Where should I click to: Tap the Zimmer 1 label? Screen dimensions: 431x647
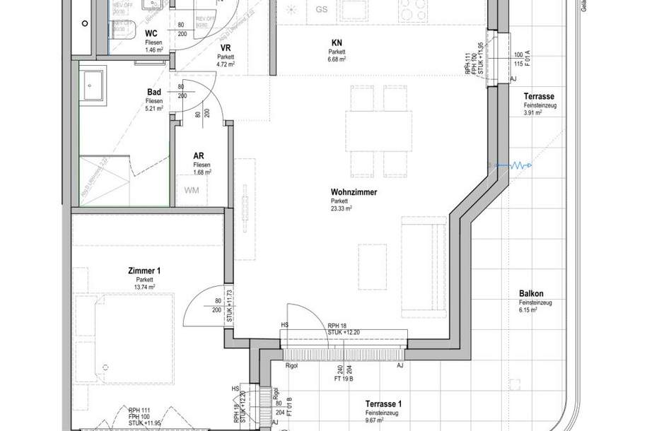click(x=144, y=271)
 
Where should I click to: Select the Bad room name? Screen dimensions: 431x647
click(x=154, y=93)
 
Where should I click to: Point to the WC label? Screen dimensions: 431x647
click(x=151, y=34)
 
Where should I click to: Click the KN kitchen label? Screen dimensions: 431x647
click(x=337, y=42)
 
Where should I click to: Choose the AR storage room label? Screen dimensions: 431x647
click(x=199, y=157)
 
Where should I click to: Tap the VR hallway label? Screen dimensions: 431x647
click(x=226, y=47)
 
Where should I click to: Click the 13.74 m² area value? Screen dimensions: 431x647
click(x=145, y=287)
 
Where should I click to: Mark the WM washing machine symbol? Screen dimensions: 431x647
click(x=192, y=190)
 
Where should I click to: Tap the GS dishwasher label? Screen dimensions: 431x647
click(x=322, y=10)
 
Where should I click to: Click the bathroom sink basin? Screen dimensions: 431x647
click(x=93, y=86)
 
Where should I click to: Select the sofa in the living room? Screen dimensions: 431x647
click(x=424, y=268)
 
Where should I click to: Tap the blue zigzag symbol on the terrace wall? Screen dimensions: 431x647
click(x=518, y=165)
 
